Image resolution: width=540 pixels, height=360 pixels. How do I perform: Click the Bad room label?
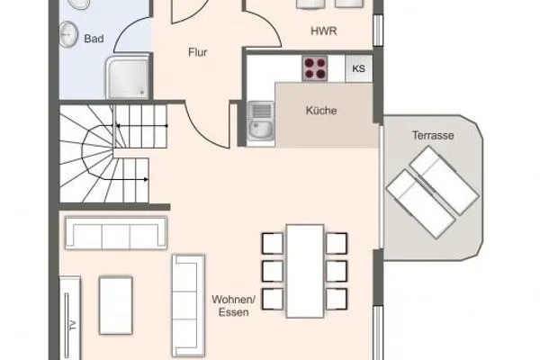[93, 40]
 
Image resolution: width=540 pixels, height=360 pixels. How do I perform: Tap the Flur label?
[198, 52]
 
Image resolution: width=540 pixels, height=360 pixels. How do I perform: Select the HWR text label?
[323, 31]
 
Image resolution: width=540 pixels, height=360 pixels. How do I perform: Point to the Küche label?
[321, 112]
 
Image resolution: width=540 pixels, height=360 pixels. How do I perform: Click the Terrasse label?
[432, 135]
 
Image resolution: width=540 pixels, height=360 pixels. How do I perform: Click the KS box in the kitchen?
[358, 68]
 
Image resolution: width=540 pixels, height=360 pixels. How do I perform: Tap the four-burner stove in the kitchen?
[315, 67]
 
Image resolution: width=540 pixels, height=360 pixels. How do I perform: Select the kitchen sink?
[261, 121]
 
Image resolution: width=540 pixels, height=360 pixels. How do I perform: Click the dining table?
[305, 270]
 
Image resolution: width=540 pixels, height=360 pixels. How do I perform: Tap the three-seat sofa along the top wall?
[117, 236]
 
